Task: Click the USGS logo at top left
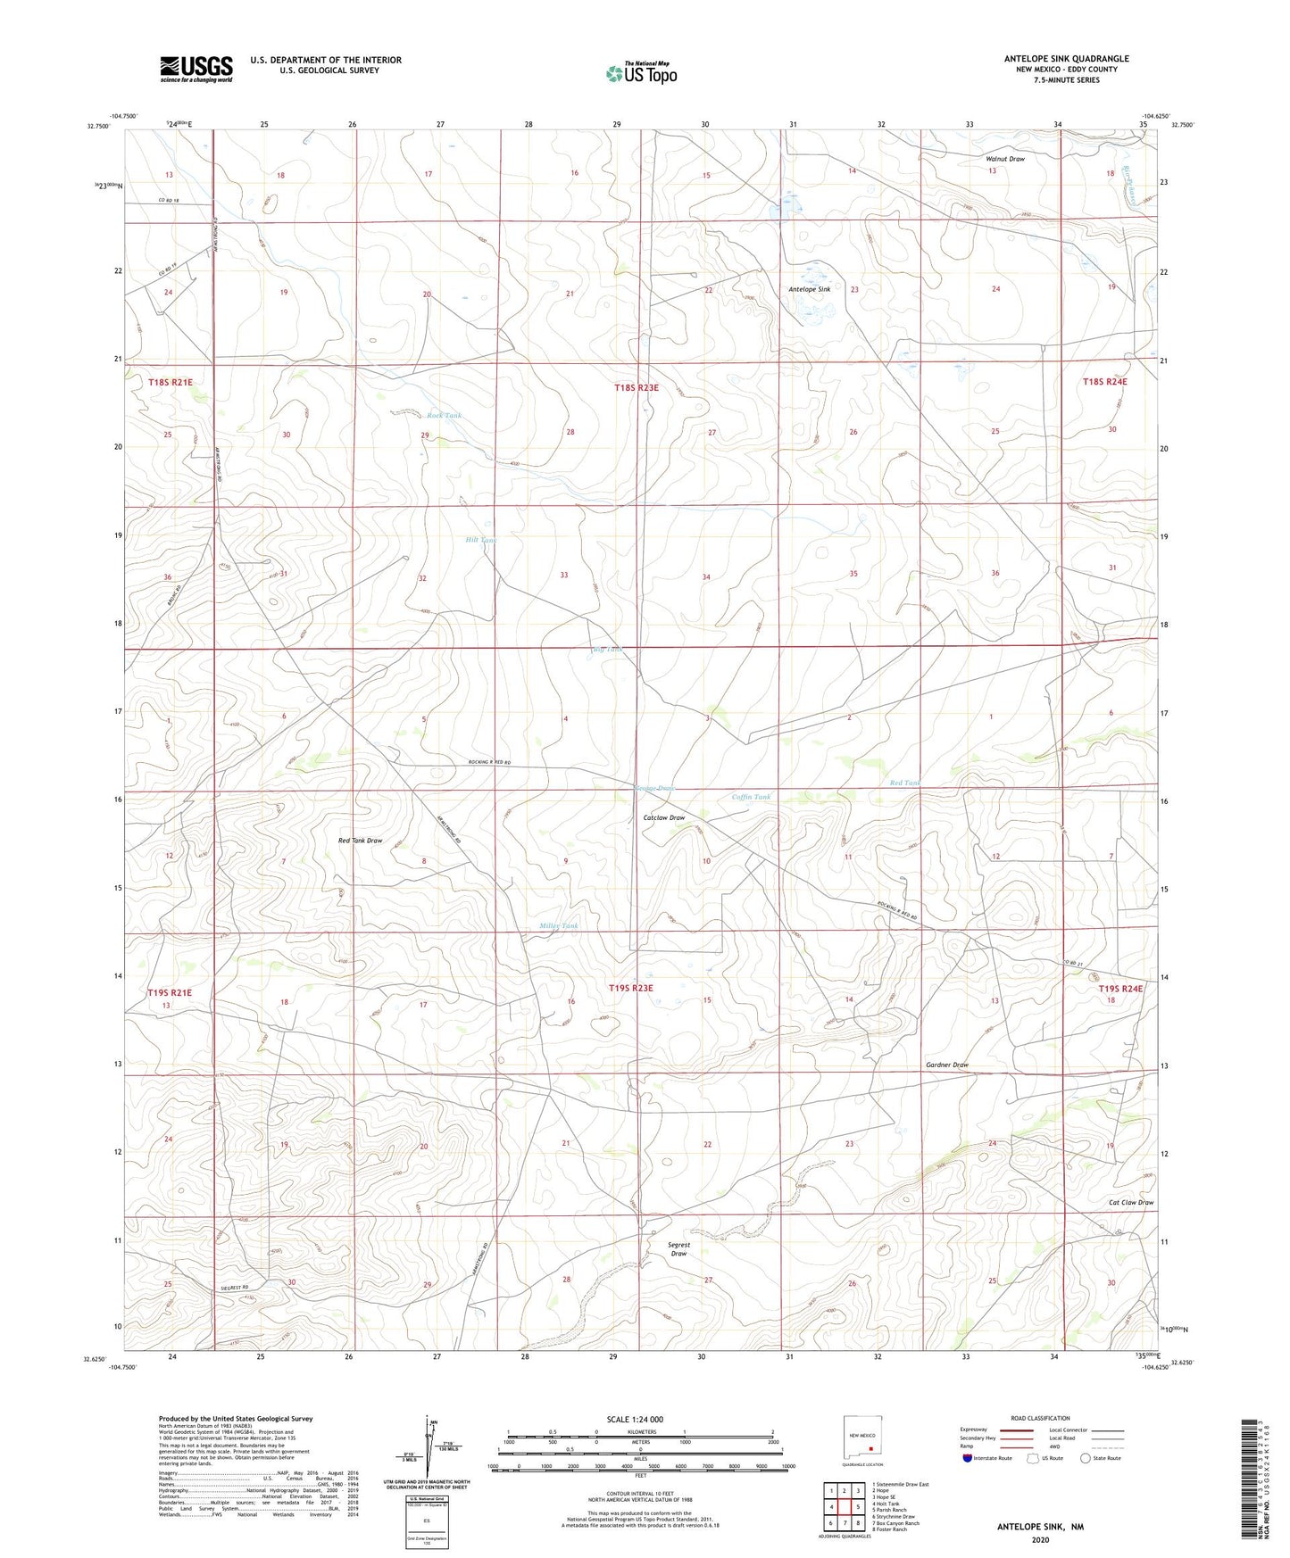click(196, 69)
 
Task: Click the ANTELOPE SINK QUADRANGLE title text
click(1066, 59)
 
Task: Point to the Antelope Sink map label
click(809, 289)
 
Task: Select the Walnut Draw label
click(1004, 159)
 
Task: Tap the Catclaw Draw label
click(664, 817)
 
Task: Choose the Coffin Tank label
click(751, 797)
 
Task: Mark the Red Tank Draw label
click(360, 841)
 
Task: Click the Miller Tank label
click(559, 925)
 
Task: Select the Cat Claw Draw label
click(1130, 1202)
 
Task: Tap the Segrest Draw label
click(678, 1248)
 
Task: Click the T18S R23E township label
click(636, 387)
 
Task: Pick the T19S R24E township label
click(1120, 988)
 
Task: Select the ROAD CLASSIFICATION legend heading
click(1040, 1418)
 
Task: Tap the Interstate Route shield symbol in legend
click(968, 1458)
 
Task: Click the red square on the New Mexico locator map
click(870, 1448)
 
